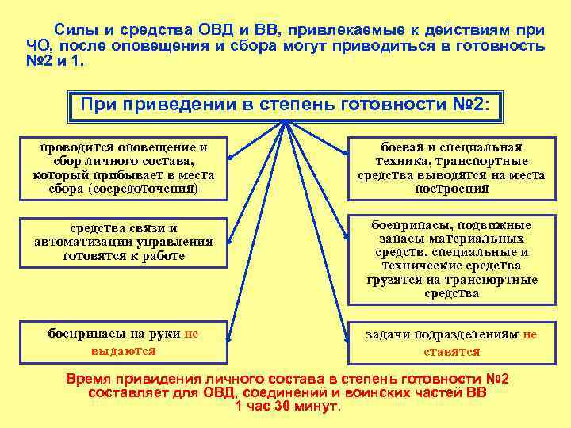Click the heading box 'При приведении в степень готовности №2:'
pos(285,105)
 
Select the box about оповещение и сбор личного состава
pos(123,168)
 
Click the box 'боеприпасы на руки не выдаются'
pos(123,342)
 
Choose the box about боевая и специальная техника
pos(451,168)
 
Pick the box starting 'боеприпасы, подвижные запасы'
pos(451,259)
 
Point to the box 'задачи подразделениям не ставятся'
pos(451,342)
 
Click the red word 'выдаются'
pos(123,350)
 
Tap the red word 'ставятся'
pos(451,351)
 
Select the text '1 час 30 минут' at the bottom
pos(287,407)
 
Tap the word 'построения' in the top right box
pos(451,189)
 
